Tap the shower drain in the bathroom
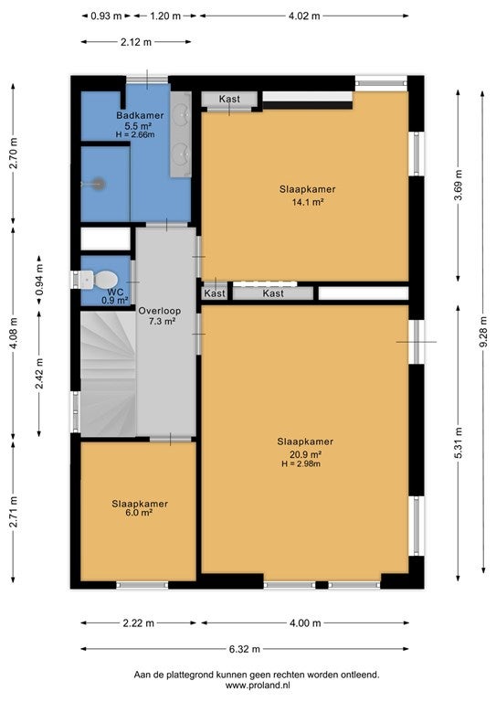click(99, 184)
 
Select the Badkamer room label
click(140, 115)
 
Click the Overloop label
click(159, 311)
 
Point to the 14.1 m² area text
click(308, 202)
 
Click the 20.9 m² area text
click(305, 455)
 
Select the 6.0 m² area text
click(140, 513)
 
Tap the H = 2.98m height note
click(301, 464)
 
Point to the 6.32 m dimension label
click(244, 649)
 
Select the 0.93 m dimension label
click(106, 16)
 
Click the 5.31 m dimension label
click(459, 442)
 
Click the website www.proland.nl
click(259, 685)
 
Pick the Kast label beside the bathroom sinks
click(229, 99)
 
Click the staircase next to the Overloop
click(108, 373)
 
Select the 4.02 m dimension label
click(304, 16)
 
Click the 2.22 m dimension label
click(138, 622)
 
